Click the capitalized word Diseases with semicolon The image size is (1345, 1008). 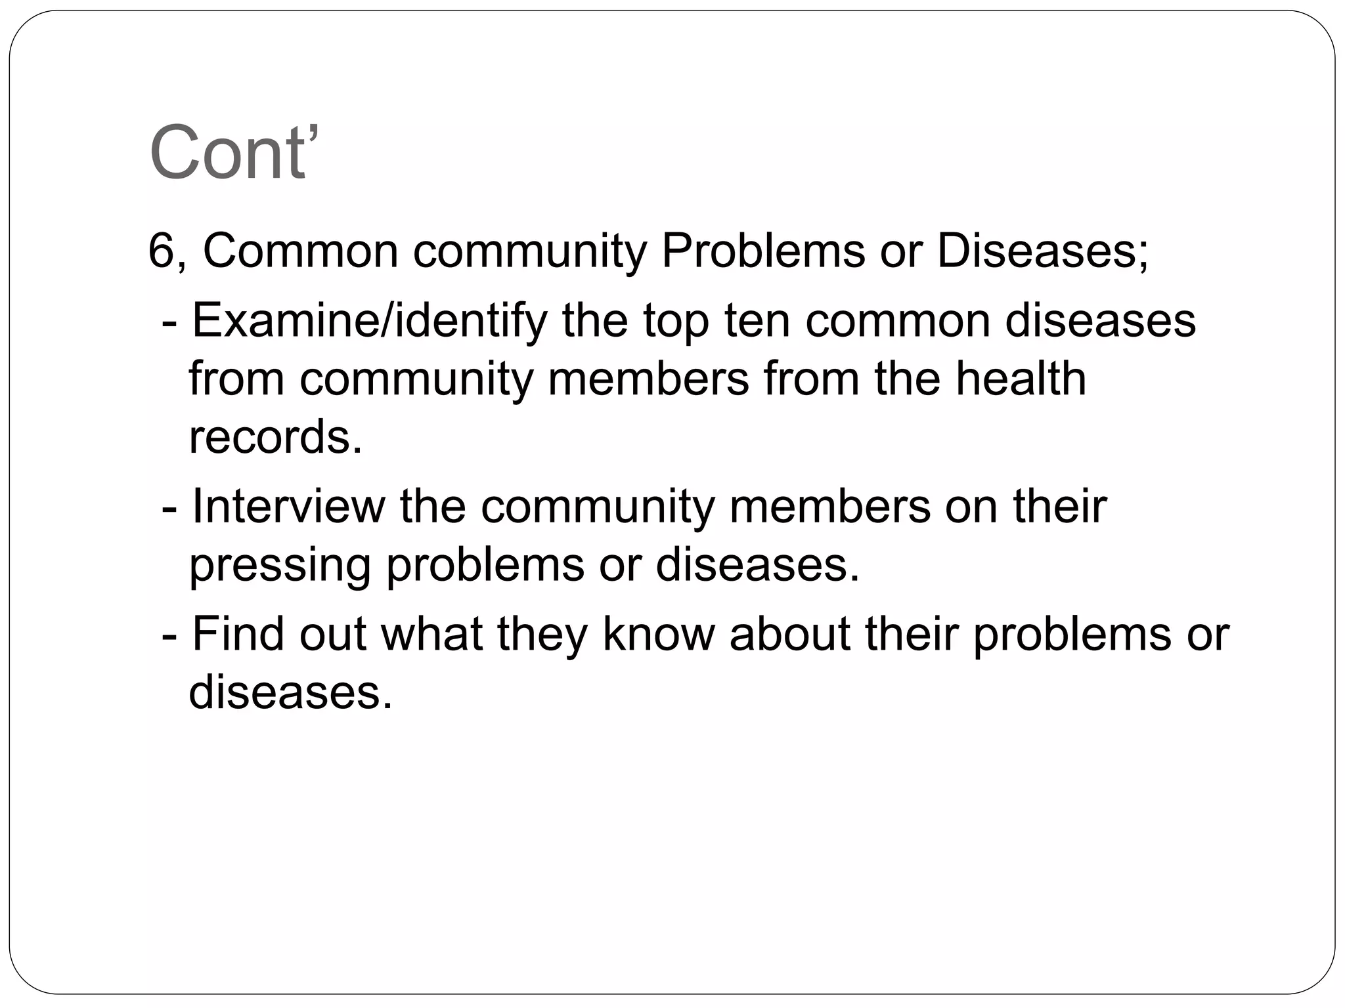(x=1043, y=251)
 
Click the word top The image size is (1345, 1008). (x=676, y=322)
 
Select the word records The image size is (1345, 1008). (x=275, y=437)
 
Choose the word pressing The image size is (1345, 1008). (x=280, y=566)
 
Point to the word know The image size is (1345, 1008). (x=658, y=634)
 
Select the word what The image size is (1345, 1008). (x=431, y=634)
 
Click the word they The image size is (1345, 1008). (x=542, y=634)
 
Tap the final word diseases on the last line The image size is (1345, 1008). (x=290, y=692)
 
